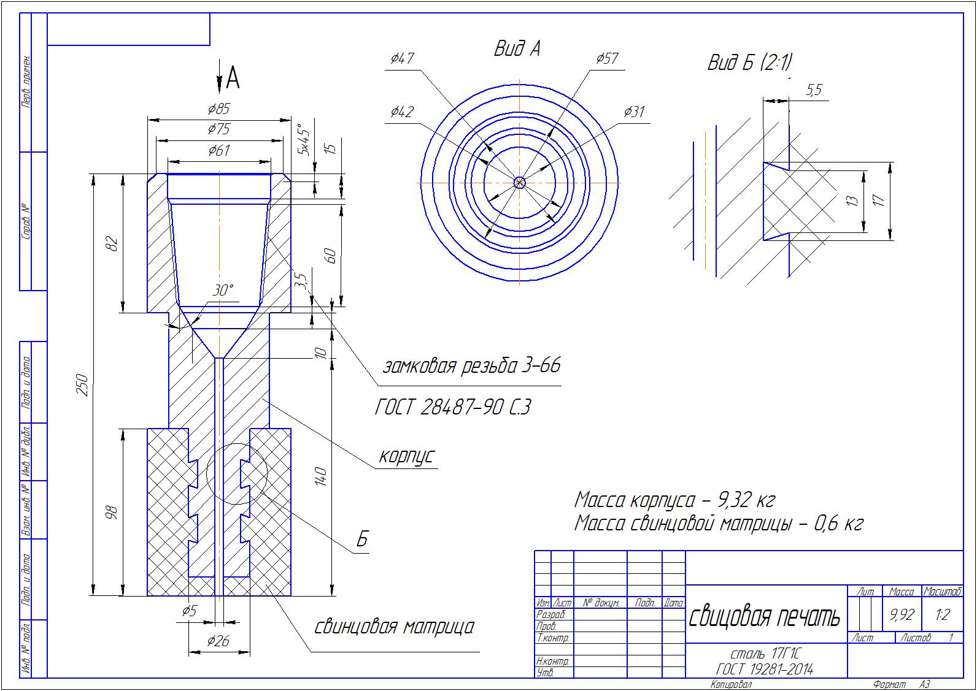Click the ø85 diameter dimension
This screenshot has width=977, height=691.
tap(218, 110)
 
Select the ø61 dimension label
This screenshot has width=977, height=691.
tap(218, 150)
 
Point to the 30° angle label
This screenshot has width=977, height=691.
tap(223, 290)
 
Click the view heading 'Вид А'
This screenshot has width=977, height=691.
tap(517, 49)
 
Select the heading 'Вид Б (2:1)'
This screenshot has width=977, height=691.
tap(749, 63)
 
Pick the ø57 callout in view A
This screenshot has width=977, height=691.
tap(607, 58)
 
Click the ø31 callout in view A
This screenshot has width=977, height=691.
tap(634, 112)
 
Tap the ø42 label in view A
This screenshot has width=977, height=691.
tap(402, 112)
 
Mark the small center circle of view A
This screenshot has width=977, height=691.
tap(519, 182)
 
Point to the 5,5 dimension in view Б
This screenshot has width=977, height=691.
tap(813, 91)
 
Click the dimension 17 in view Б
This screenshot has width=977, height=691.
tap(879, 200)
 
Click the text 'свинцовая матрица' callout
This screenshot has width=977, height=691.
tap(394, 627)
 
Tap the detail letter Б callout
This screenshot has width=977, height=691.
tap(362, 540)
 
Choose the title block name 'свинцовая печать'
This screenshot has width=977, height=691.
tap(764, 617)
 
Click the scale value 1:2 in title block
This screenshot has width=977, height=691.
tap(943, 614)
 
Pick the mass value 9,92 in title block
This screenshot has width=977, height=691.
tap(902, 614)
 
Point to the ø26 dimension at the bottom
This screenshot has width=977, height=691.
tap(218, 641)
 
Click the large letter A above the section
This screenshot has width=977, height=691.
tap(233, 78)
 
